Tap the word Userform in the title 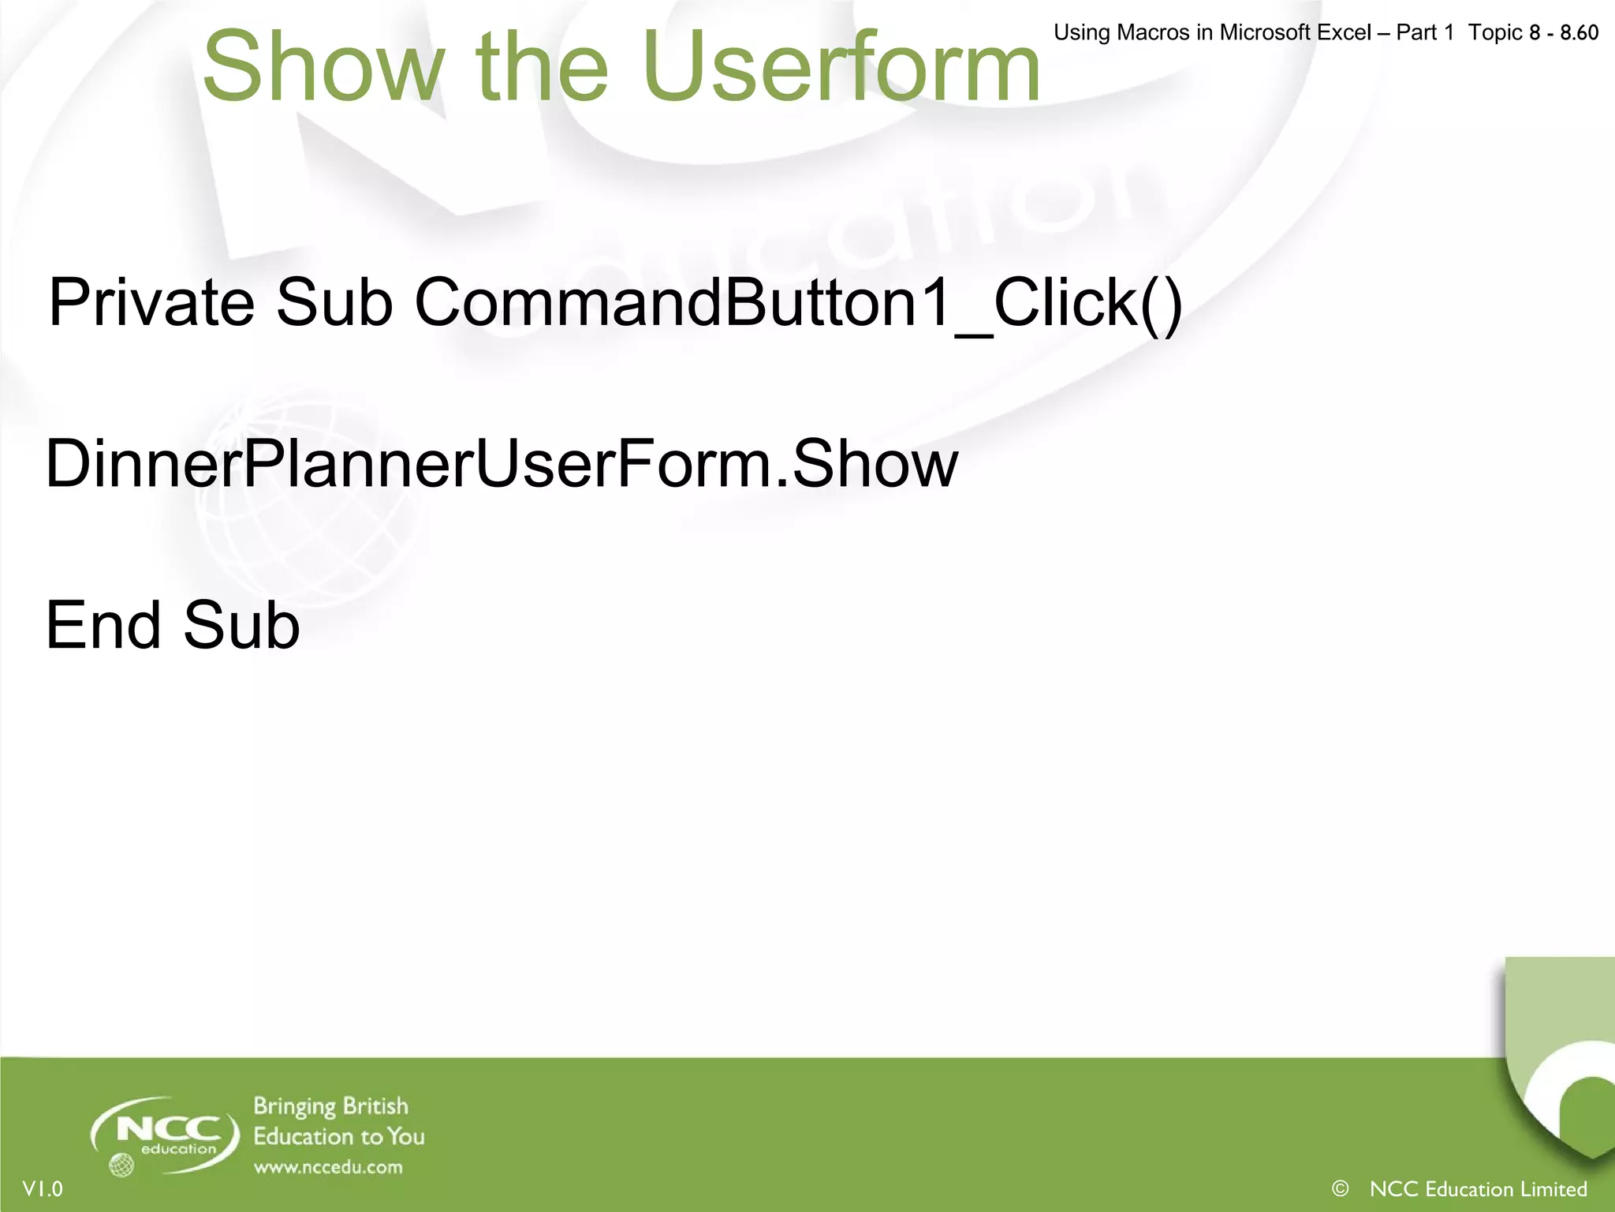coord(841,67)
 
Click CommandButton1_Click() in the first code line coord(798,304)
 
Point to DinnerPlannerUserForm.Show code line coord(502,464)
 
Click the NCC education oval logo coord(166,1133)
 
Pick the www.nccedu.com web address coord(328,1167)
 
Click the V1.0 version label coord(43,1189)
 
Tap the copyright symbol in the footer coord(1340,1188)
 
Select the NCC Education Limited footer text coord(1478,1189)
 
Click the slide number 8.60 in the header coord(1579,32)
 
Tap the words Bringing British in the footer coord(330,1107)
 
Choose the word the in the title coord(542,67)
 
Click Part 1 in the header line coord(1424,32)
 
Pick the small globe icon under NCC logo coord(121,1165)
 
